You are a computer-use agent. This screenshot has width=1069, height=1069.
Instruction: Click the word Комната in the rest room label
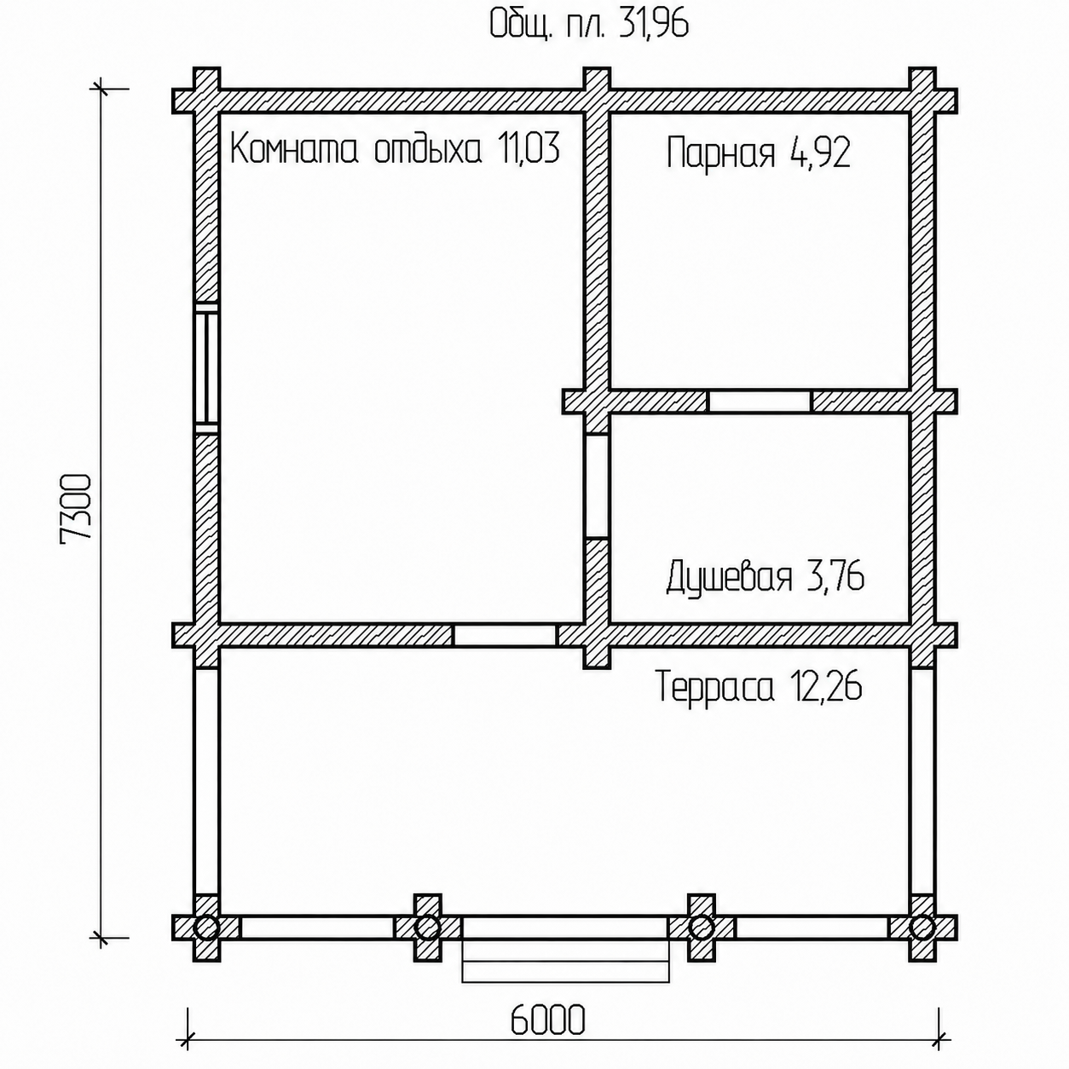coord(292,150)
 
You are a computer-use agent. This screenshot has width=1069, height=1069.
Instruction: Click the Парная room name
coord(720,153)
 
